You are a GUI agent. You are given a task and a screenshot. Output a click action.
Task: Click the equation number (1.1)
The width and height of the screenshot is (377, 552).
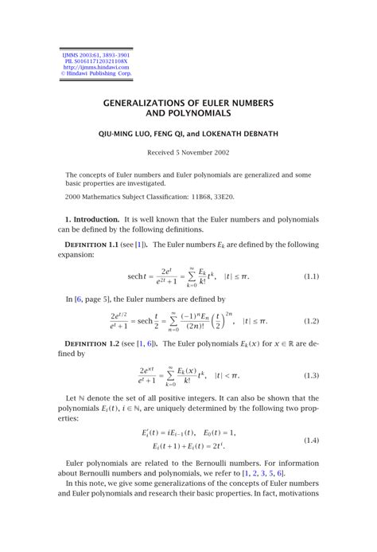pyautogui.click(x=311, y=276)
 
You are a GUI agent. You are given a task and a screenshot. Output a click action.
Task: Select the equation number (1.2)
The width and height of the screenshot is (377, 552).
pyautogui.click(x=311, y=321)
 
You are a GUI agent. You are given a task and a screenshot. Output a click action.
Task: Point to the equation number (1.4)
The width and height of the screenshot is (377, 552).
pyautogui.click(x=311, y=440)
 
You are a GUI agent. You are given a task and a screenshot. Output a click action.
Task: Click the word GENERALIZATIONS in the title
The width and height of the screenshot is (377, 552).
pyautogui.click(x=149, y=104)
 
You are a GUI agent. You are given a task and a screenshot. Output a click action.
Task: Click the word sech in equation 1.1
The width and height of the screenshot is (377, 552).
pyautogui.click(x=135, y=276)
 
